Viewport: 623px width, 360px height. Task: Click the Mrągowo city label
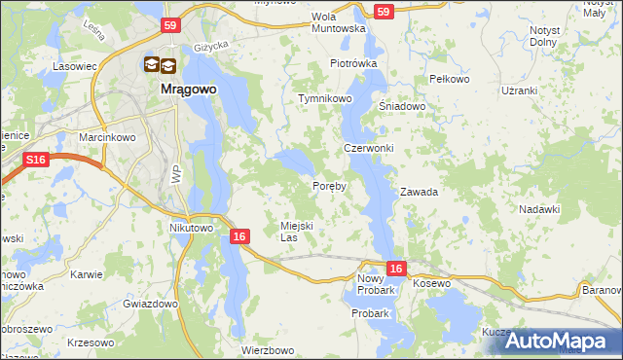(x=188, y=89)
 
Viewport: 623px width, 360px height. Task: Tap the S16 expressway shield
(x=36, y=160)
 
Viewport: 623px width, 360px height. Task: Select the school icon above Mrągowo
(x=161, y=65)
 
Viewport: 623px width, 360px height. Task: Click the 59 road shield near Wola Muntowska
(x=384, y=12)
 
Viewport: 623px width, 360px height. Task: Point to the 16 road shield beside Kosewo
(x=394, y=268)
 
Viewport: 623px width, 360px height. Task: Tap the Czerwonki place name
(x=368, y=148)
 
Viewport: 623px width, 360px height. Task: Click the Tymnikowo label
(x=324, y=99)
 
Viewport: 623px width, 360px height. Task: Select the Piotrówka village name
(x=352, y=63)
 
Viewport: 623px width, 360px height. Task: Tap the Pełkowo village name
(x=450, y=78)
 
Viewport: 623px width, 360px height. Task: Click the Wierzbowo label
(x=268, y=350)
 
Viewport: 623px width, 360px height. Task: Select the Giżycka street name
(x=209, y=46)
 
